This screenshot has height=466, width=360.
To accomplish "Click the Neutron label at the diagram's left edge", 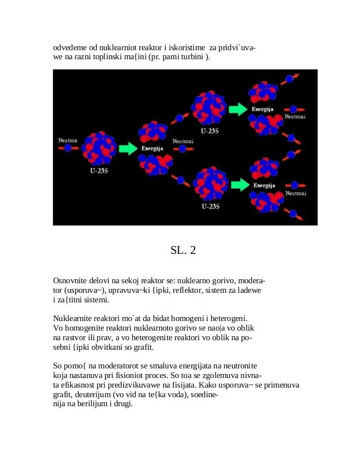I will (x=68, y=139).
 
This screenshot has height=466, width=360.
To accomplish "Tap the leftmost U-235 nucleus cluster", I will (x=99, y=148).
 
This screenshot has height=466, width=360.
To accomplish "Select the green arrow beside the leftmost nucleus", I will (x=128, y=148).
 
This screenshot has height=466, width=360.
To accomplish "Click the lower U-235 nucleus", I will (x=210, y=184).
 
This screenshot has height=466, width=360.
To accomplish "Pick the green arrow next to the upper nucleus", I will (x=239, y=109).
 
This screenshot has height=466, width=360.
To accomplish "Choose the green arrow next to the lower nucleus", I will (x=240, y=184).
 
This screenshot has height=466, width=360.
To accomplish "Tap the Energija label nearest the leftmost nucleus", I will (x=152, y=148).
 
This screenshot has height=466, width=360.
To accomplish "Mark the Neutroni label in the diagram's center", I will (x=183, y=141).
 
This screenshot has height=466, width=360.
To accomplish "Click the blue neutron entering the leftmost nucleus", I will (x=68, y=148).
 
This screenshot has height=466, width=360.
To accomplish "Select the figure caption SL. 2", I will (x=183, y=250).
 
